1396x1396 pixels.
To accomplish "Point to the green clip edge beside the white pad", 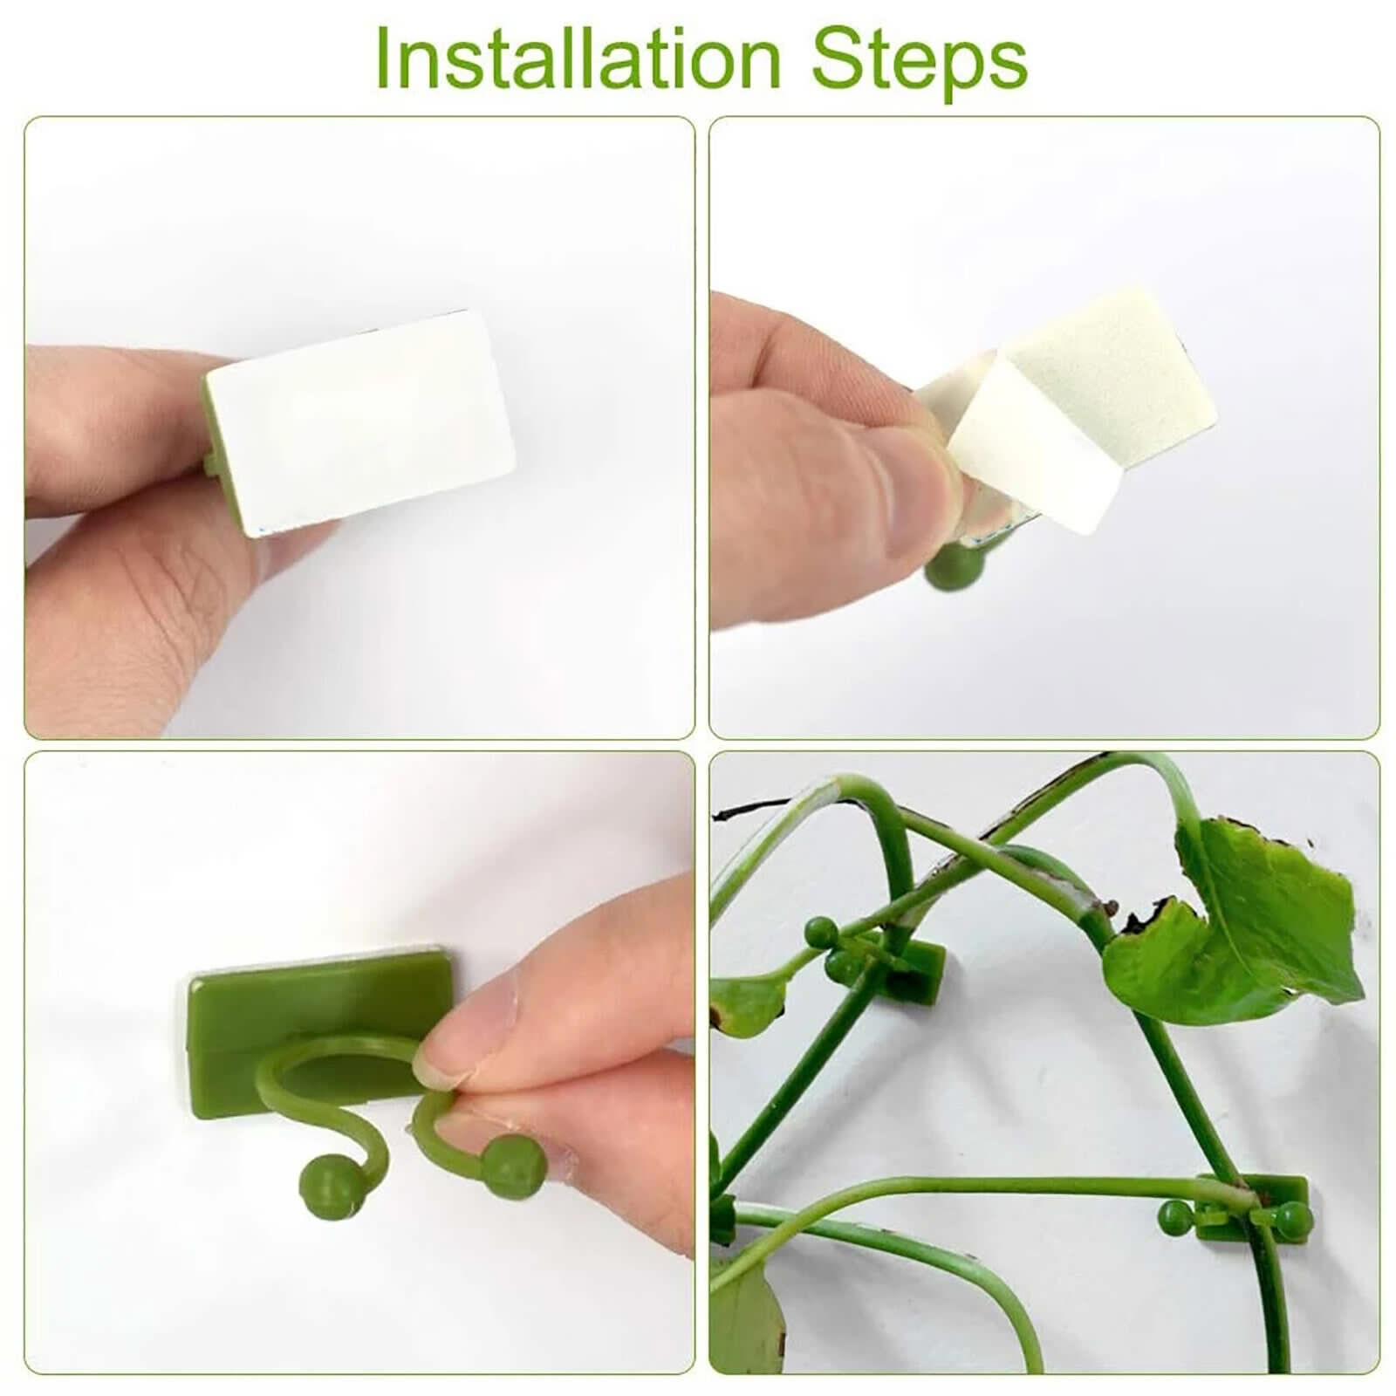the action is click(x=212, y=428).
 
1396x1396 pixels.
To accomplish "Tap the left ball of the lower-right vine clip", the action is click(x=1171, y=1215).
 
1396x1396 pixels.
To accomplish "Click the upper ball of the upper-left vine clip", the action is click(x=819, y=928).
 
